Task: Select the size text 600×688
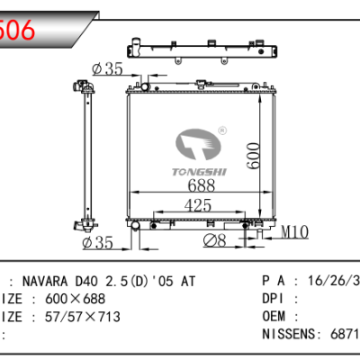(72, 297)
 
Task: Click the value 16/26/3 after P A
(333, 281)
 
